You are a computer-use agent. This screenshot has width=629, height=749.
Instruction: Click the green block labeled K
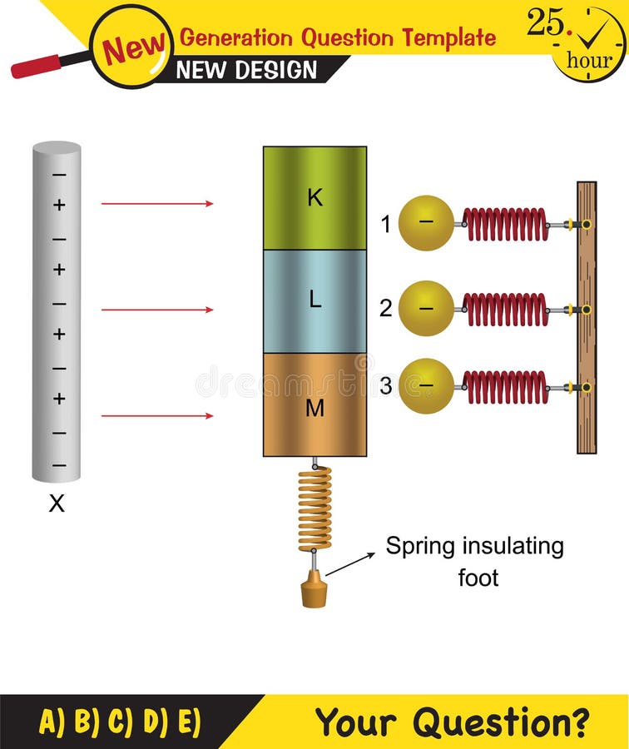[314, 198]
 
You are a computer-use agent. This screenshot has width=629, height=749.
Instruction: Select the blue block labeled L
[314, 301]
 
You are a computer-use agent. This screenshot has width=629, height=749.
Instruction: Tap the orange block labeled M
[314, 405]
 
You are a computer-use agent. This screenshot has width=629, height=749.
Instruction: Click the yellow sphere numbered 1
[426, 223]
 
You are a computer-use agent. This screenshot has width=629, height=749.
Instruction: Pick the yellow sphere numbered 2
[426, 308]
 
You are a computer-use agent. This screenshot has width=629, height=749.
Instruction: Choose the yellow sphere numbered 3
[426, 386]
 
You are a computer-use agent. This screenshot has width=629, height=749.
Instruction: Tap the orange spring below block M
[314, 508]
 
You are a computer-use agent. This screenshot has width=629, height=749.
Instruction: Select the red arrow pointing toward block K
[157, 203]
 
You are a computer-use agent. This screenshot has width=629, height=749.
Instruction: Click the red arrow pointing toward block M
[157, 415]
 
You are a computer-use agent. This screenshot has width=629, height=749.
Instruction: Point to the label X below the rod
[56, 503]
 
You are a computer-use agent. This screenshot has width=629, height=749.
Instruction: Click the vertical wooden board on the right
[587, 317]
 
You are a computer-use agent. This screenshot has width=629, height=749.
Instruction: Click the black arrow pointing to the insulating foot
[349, 563]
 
